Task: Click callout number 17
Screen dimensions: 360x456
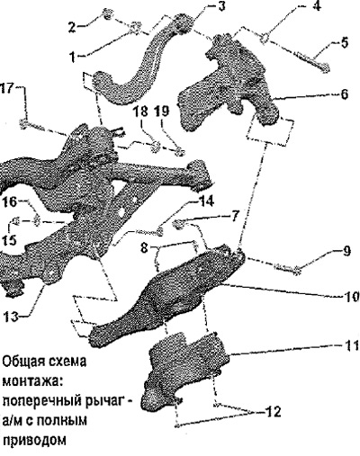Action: (x=6, y=88)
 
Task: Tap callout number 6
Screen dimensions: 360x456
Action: (x=344, y=94)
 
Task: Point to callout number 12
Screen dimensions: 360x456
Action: (x=273, y=412)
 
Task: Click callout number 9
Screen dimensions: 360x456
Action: (x=346, y=251)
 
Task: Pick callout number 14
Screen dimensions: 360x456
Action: (x=205, y=201)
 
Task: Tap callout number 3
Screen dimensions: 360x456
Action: (x=221, y=6)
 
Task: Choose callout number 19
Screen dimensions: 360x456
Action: (x=162, y=112)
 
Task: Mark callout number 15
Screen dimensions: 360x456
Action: (x=8, y=240)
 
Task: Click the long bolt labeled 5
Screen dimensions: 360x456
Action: (x=313, y=61)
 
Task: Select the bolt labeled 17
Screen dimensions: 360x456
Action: (x=44, y=130)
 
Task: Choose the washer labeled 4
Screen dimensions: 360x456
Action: (x=265, y=40)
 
